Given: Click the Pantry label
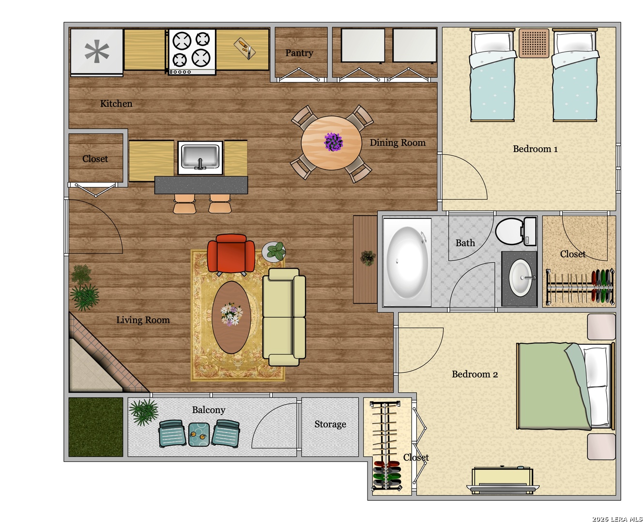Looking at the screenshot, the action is pos(299,53).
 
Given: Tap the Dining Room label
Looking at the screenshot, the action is pos(397,142).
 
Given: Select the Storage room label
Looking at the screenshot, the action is pos(330,424).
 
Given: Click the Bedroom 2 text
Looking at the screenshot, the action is pos(475,374).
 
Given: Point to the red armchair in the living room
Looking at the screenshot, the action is pos(230,254).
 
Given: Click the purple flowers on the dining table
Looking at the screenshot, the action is pos(333,141).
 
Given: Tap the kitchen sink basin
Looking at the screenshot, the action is pos(200,157).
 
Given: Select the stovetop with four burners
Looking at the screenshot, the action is pos(192,51).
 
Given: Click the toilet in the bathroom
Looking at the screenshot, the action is pos(516,231).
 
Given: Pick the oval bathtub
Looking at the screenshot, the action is pos(407,262).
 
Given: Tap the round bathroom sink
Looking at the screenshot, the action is pos(520,277).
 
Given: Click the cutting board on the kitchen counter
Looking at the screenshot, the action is pos(245,48).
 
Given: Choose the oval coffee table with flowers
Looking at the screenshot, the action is pos(231,317).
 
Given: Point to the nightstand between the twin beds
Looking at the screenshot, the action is pos(534,43).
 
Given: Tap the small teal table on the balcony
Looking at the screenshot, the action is pos(199,434).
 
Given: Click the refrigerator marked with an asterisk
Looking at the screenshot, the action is pos(97,52).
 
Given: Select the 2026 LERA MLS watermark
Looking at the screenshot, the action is pos(617,519).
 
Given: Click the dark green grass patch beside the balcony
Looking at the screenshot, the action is pos(96,427).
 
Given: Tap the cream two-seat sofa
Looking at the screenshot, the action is pos(284,317).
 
